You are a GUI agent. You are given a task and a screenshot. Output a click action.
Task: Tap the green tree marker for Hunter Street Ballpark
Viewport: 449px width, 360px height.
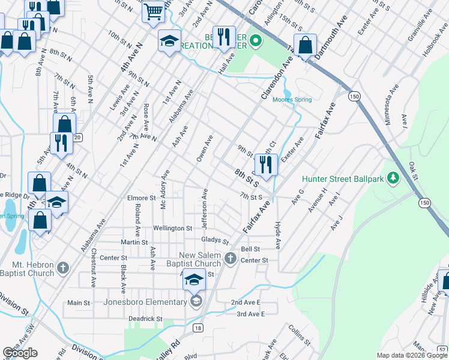(393, 178)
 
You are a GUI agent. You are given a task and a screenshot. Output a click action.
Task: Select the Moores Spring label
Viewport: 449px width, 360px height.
(292, 100)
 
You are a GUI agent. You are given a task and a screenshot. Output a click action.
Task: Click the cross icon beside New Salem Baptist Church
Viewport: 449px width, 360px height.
(231, 259)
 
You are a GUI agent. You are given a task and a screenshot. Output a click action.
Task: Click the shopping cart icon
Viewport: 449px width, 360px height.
(154, 11)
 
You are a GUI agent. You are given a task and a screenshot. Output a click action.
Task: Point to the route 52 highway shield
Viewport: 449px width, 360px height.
(442, 350)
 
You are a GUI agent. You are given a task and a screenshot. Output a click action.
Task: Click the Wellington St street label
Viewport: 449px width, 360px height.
(172, 229)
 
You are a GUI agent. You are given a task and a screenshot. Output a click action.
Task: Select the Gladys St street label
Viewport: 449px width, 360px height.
(215, 240)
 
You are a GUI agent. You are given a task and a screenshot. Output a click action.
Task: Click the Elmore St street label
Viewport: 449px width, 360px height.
(141, 197)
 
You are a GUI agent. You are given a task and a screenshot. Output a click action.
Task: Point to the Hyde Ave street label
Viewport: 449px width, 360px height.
(278, 235)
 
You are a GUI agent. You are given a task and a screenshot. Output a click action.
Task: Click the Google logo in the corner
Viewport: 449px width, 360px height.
(20, 353)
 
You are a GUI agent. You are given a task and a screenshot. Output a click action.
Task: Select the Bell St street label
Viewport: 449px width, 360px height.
(250, 248)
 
